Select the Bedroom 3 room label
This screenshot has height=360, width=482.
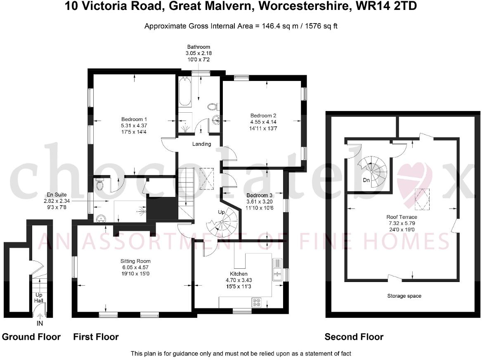point(259,195)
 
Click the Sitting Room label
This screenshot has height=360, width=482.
point(135,261)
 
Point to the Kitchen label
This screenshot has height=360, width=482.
point(239,274)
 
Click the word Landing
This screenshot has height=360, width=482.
point(202,144)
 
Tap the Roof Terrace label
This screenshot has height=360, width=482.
point(402,217)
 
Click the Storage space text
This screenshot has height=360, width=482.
point(404,296)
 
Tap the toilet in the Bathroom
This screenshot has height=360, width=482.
point(212,107)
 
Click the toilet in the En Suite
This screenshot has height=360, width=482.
point(99,186)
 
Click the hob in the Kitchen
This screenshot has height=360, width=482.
point(256,303)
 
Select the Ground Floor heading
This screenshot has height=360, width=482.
point(31,337)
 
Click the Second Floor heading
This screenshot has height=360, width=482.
point(354,337)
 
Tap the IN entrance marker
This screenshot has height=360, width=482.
point(40,324)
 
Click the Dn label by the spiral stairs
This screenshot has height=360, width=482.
point(366,180)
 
